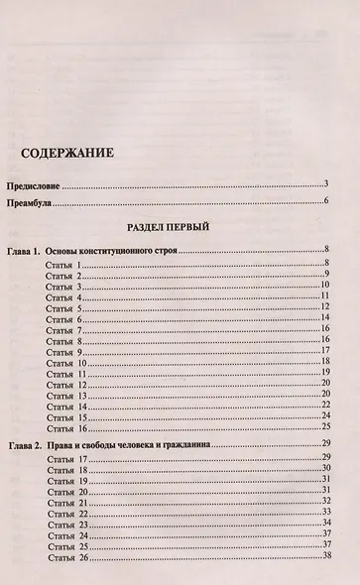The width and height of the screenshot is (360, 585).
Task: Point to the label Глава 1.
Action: click(22, 251)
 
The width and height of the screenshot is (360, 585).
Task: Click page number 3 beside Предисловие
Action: click(325, 184)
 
